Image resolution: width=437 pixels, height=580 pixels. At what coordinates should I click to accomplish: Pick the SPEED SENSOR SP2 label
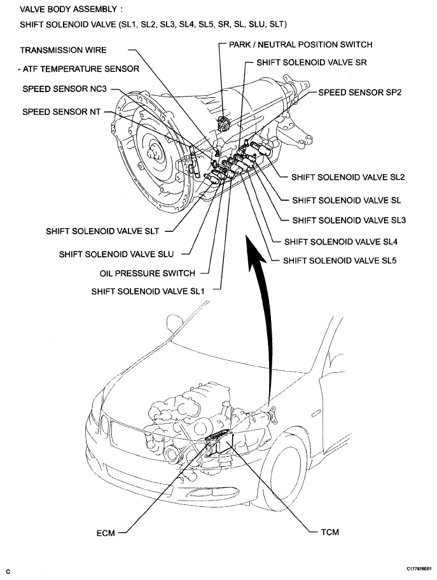(359, 92)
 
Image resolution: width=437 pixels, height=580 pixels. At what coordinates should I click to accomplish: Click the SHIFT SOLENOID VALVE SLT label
(102, 231)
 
